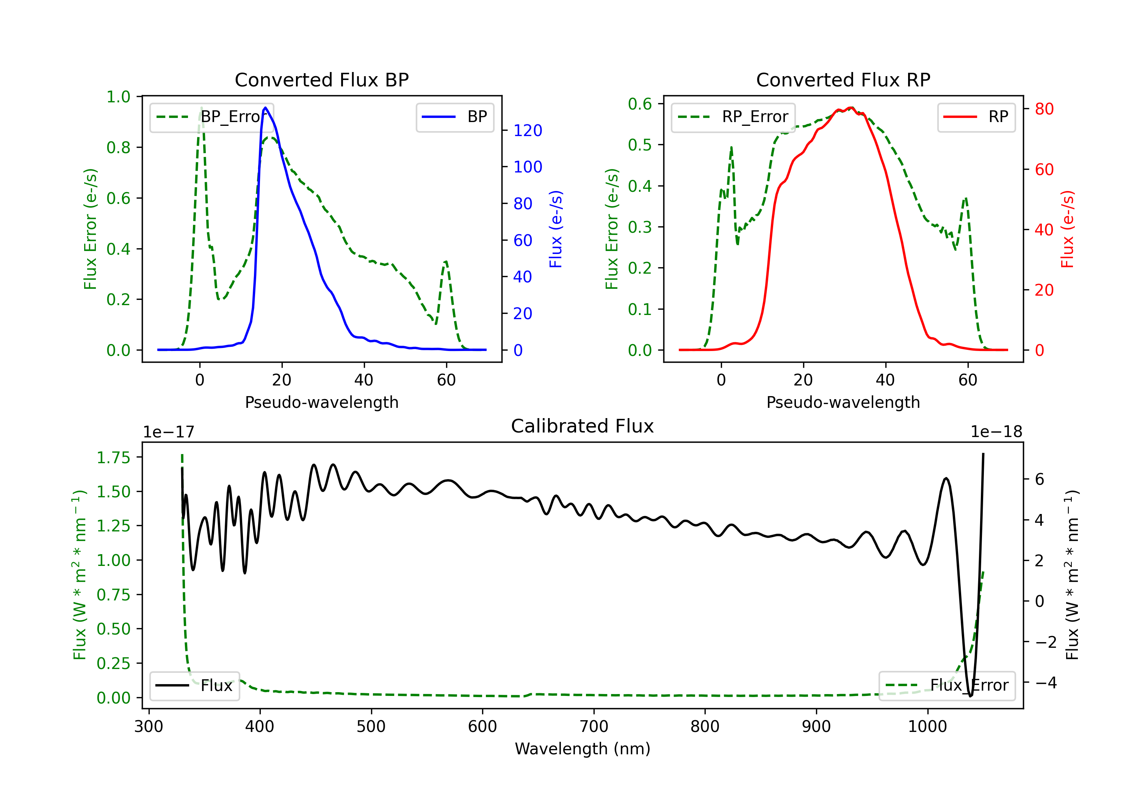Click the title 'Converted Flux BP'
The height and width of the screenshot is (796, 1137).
[321, 80]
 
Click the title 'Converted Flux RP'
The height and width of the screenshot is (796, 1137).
[843, 80]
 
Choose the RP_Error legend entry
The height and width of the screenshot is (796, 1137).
[733, 117]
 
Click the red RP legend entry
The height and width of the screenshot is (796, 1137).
[976, 117]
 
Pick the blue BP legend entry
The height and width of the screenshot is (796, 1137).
[454, 117]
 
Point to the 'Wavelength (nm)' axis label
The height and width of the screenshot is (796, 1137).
[583, 749]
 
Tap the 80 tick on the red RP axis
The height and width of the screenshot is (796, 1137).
[1044, 109]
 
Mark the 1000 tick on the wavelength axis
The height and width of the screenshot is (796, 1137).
[927, 726]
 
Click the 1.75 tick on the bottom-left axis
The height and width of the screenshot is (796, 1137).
[113, 457]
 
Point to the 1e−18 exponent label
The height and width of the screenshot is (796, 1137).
[996, 432]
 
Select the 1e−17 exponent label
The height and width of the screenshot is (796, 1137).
[169, 432]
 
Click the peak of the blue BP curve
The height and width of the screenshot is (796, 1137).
[265, 108]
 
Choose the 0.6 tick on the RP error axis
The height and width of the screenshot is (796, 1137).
[640, 103]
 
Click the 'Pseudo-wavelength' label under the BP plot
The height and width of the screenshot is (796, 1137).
[321, 402]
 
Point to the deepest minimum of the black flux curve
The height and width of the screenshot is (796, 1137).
[970, 696]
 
